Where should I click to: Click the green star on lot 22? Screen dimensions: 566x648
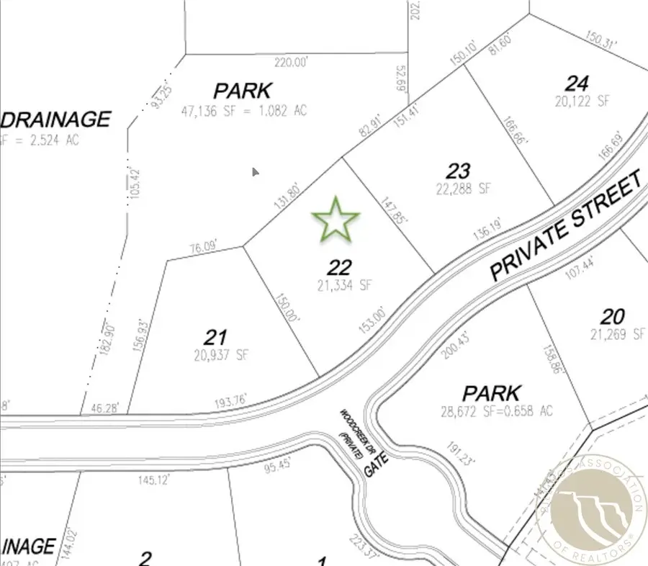336,220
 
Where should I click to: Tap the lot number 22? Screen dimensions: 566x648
339,268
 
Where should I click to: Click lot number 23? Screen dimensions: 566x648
459,171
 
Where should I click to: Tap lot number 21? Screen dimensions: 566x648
216,336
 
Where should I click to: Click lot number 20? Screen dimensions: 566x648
613,316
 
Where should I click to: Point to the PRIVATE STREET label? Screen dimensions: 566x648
565,227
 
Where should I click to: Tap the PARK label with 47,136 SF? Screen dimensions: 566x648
243,91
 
